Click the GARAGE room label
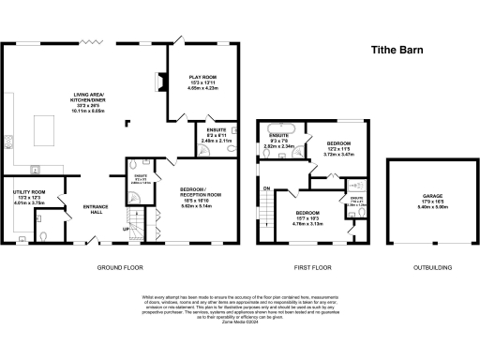click(x=418, y=196)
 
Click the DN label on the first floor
click(x=266, y=188)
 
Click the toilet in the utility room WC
click(x=40, y=223)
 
